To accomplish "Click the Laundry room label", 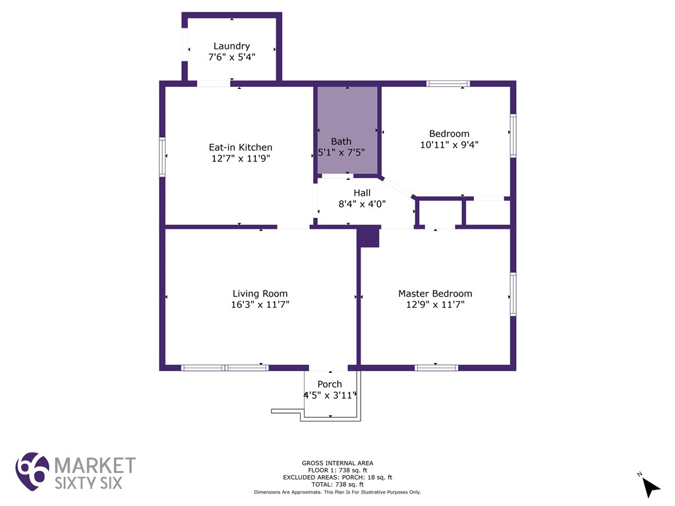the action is coord(231,46).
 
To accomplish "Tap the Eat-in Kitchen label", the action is coord(240,147).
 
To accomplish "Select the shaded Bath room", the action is coord(347,130).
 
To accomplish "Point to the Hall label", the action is coord(362,193).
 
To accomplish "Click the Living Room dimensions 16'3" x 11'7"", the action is coord(260,304).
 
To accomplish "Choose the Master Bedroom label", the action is coord(435,293).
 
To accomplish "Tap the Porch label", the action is coord(330,384).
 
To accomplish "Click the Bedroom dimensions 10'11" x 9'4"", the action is coord(449,144).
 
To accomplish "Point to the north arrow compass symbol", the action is coord(649,486).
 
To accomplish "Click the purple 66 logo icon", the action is coord(32,471).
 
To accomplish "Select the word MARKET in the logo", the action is coord(95,466).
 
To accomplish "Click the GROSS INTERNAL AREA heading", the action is coord(337,463).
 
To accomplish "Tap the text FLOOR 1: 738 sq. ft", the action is coord(337,470).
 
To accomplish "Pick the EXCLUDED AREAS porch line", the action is coord(337,477).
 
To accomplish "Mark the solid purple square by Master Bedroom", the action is coord(369,237).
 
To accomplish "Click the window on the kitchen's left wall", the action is coord(162,157).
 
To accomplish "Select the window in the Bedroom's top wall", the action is coord(448,84).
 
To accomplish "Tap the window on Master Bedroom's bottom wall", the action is coord(436,368).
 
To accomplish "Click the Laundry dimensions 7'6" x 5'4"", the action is coord(231,57).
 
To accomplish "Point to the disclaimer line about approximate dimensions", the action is coord(337,492).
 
